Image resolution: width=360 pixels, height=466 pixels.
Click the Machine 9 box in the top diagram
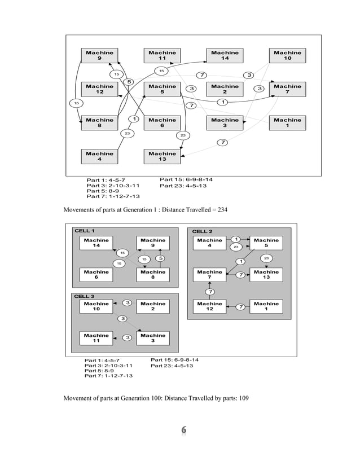(x=99, y=55)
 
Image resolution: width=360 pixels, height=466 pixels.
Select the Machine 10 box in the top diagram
(x=287, y=55)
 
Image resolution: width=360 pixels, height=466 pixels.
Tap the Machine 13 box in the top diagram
(x=162, y=156)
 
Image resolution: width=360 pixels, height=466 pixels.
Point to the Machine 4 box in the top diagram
(x=99, y=156)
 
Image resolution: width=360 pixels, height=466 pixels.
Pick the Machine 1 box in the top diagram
(x=287, y=122)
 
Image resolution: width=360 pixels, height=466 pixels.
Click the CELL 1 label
(x=85, y=231)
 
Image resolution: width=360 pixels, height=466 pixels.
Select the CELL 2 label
(x=203, y=231)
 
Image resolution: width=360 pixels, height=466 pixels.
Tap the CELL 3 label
(x=85, y=296)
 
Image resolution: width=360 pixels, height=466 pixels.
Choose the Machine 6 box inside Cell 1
(x=96, y=275)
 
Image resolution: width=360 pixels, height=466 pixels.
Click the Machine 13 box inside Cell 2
(x=266, y=275)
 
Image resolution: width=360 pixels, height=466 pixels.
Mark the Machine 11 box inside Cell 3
(x=96, y=338)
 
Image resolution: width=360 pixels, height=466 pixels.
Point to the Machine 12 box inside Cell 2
(x=209, y=306)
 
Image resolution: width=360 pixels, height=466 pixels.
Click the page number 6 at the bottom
(x=183, y=431)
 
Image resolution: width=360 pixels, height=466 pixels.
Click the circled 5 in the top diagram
(x=129, y=82)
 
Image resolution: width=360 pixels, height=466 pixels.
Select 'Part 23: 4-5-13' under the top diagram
(x=183, y=186)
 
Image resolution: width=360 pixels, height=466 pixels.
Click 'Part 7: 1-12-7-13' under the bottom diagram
(x=108, y=375)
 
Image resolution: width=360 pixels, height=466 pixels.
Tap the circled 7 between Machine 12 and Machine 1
(x=240, y=307)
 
